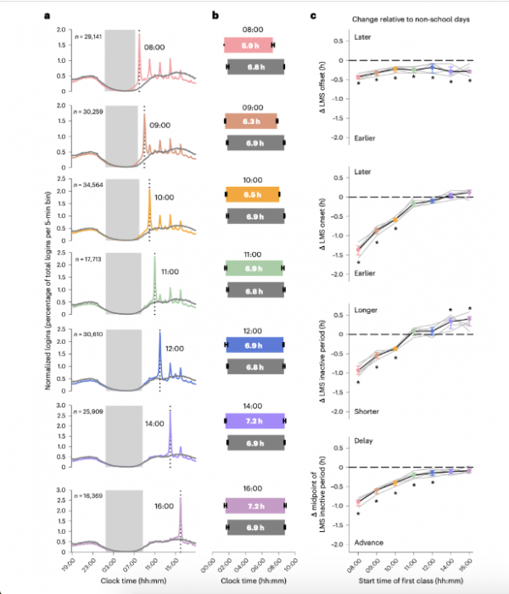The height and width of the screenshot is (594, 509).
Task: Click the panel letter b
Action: click(x=217, y=16)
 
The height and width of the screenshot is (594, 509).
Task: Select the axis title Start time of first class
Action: click(x=413, y=579)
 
